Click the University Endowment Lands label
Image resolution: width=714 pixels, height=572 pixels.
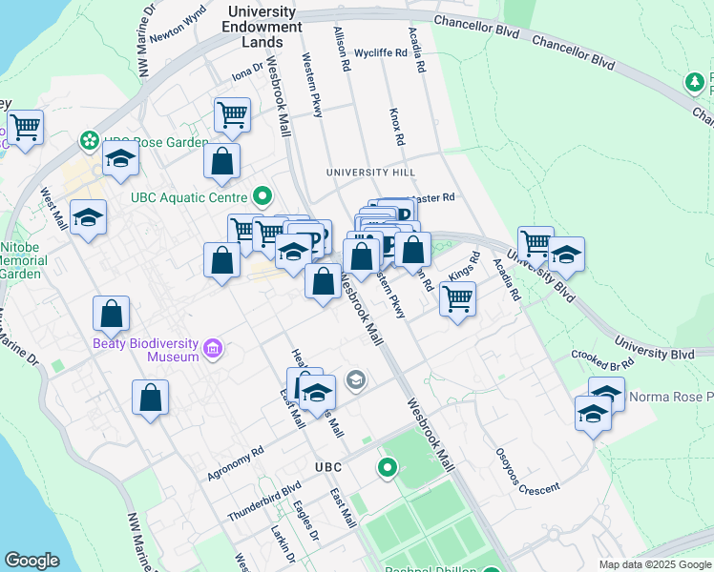(259, 27)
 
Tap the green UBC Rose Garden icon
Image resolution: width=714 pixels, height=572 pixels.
(90, 141)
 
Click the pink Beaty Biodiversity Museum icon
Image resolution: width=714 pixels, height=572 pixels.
(212, 350)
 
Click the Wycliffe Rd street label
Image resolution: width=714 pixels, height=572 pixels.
(380, 53)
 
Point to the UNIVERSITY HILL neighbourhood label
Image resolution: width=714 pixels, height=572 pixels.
(370, 172)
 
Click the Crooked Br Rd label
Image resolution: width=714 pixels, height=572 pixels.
(602, 361)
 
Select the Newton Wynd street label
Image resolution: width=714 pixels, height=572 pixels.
(179, 18)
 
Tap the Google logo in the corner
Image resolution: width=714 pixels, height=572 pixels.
(32, 560)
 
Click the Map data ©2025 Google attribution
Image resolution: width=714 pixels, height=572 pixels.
(654, 564)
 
